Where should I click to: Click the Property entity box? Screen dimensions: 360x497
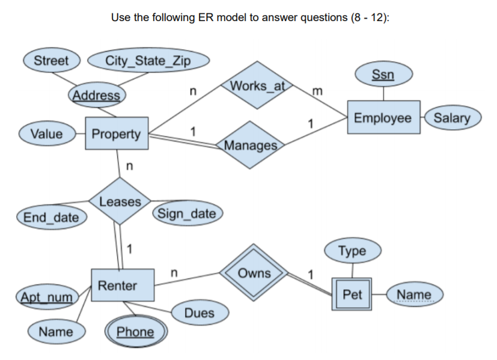click(x=116, y=133)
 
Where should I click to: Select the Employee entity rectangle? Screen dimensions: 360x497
click(x=383, y=118)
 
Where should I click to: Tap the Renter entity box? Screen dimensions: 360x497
click(x=118, y=285)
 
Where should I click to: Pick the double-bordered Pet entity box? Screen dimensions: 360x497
click(x=352, y=294)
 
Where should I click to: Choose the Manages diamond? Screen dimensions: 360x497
click(x=251, y=145)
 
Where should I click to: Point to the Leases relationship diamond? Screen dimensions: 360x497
click(x=120, y=201)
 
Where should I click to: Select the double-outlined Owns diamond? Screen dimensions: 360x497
click(x=254, y=273)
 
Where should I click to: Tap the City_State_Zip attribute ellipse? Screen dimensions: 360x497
click(x=148, y=61)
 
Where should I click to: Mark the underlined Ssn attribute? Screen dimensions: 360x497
click(x=383, y=75)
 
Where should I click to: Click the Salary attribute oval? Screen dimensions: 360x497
click(x=451, y=118)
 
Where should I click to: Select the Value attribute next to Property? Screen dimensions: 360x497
click(x=46, y=133)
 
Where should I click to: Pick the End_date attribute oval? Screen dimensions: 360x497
click(x=50, y=217)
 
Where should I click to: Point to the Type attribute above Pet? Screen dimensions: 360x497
click(x=352, y=251)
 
